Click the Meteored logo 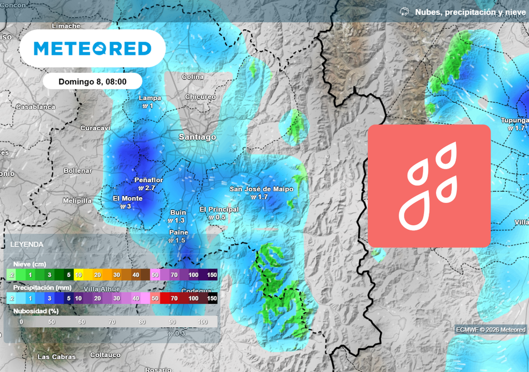(x=92, y=49)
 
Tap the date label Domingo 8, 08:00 (x=92, y=82)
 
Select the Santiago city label (x=197, y=137)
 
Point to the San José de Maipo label (x=261, y=189)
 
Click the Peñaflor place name (x=149, y=180)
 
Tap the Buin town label (x=178, y=212)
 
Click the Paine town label (x=179, y=233)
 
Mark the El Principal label (x=219, y=209)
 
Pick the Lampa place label (x=150, y=98)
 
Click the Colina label (x=193, y=77)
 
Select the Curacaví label (x=96, y=128)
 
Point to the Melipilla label (x=77, y=200)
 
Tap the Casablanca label (x=36, y=107)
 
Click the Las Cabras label (x=57, y=357)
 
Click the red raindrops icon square (x=429, y=186)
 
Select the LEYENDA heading (x=27, y=244)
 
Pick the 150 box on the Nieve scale (x=212, y=275)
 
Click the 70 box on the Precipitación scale (x=174, y=298)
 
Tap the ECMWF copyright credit (x=491, y=330)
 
